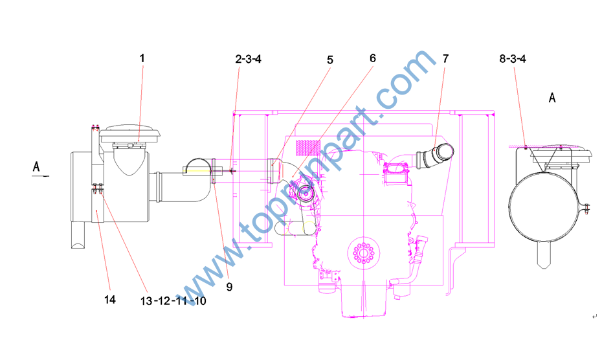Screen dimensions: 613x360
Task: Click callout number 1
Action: (x=142, y=58)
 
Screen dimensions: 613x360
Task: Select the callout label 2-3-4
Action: (x=249, y=59)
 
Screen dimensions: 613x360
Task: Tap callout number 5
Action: (x=330, y=60)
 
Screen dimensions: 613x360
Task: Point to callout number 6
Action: (x=373, y=58)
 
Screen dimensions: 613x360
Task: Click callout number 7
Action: (x=446, y=59)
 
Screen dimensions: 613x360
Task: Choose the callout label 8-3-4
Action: (x=513, y=59)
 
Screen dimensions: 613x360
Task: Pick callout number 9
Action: (x=230, y=287)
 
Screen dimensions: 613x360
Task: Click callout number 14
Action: (x=110, y=300)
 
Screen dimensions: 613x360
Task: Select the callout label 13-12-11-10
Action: (x=173, y=301)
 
